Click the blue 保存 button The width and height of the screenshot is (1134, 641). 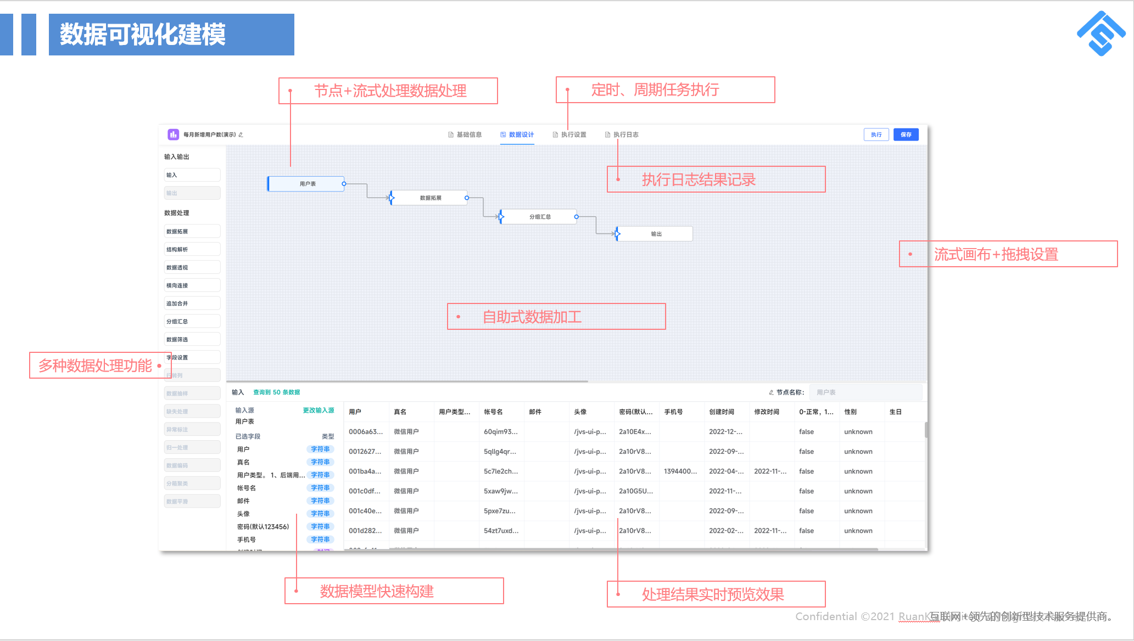coord(906,134)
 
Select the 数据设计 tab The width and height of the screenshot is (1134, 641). coord(517,134)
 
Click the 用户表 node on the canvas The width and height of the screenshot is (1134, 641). coord(306,184)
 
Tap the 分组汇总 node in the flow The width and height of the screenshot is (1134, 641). coord(539,217)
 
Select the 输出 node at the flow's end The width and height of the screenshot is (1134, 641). coord(656,234)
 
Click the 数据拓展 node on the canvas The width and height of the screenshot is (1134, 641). coord(430,198)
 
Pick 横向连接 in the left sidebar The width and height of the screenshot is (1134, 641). coord(192,285)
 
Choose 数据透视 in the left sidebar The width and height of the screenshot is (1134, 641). coord(192,267)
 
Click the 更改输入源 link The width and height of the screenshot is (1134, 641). coord(318,411)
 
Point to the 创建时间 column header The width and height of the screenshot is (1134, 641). coord(721,412)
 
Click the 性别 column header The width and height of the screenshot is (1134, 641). coord(850,412)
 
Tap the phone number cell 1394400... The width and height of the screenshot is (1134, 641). coord(680,471)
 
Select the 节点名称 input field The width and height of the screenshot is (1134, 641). coord(865,392)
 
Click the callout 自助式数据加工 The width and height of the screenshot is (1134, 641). coord(556,317)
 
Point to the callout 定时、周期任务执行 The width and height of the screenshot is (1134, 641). coord(665,90)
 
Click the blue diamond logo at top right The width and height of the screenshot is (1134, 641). coord(1101,33)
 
